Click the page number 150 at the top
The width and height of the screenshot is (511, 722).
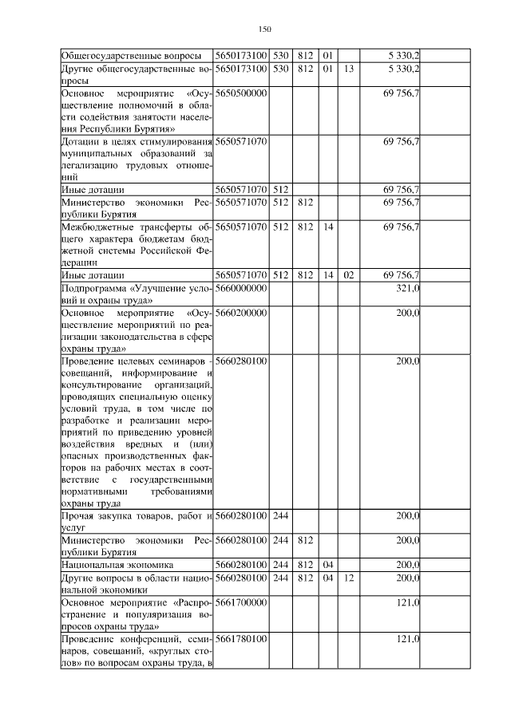click(x=266, y=30)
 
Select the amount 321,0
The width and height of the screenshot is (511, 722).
click(x=408, y=288)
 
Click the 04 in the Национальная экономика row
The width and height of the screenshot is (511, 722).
click(x=327, y=564)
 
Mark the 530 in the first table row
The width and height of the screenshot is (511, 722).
click(x=280, y=56)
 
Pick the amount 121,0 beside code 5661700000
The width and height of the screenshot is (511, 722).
click(x=408, y=602)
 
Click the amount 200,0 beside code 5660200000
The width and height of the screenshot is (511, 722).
click(x=408, y=314)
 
